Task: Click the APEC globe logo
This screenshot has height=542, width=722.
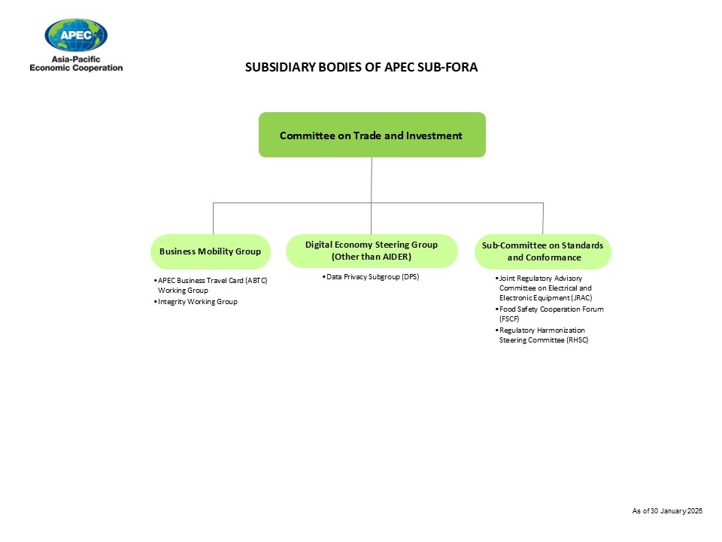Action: tap(76, 35)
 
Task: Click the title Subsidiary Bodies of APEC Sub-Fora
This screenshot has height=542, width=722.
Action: tap(362, 67)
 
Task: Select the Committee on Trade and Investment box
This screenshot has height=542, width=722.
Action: tap(372, 135)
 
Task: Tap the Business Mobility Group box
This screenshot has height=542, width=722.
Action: tap(210, 251)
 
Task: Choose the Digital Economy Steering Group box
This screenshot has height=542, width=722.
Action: tap(372, 251)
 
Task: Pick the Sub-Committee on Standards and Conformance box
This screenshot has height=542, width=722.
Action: tap(542, 251)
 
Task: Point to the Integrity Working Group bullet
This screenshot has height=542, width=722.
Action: tap(197, 302)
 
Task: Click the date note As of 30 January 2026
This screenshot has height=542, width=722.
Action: tap(667, 511)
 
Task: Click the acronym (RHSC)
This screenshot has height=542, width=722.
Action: tap(575, 340)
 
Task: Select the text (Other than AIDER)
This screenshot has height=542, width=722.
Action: tap(372, 257)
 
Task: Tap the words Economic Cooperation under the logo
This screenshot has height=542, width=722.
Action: tap(76, 68)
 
